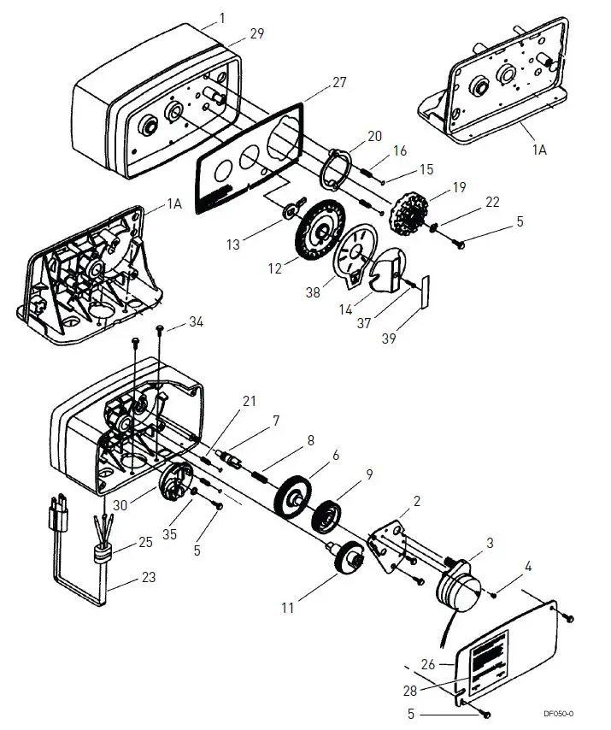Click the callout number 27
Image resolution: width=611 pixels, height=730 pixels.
(339, 82)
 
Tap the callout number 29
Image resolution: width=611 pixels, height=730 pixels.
(257, 33)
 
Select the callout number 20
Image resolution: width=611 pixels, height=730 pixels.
(374, 136)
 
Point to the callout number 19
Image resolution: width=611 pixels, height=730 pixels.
(459, 187)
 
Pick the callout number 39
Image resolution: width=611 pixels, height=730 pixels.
(389, 339)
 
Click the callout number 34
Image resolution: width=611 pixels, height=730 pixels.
(196, 321)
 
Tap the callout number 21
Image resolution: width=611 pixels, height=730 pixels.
(250, 401)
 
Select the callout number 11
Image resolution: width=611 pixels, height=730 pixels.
(288, 608)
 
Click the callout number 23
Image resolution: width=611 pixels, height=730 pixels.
(148, 577)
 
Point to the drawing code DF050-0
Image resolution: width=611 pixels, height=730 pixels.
(558, 713)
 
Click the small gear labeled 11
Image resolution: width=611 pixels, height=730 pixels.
(350, 557)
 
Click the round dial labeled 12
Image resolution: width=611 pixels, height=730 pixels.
(321, 231)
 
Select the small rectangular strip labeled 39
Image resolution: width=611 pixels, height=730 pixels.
(425, 291)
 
